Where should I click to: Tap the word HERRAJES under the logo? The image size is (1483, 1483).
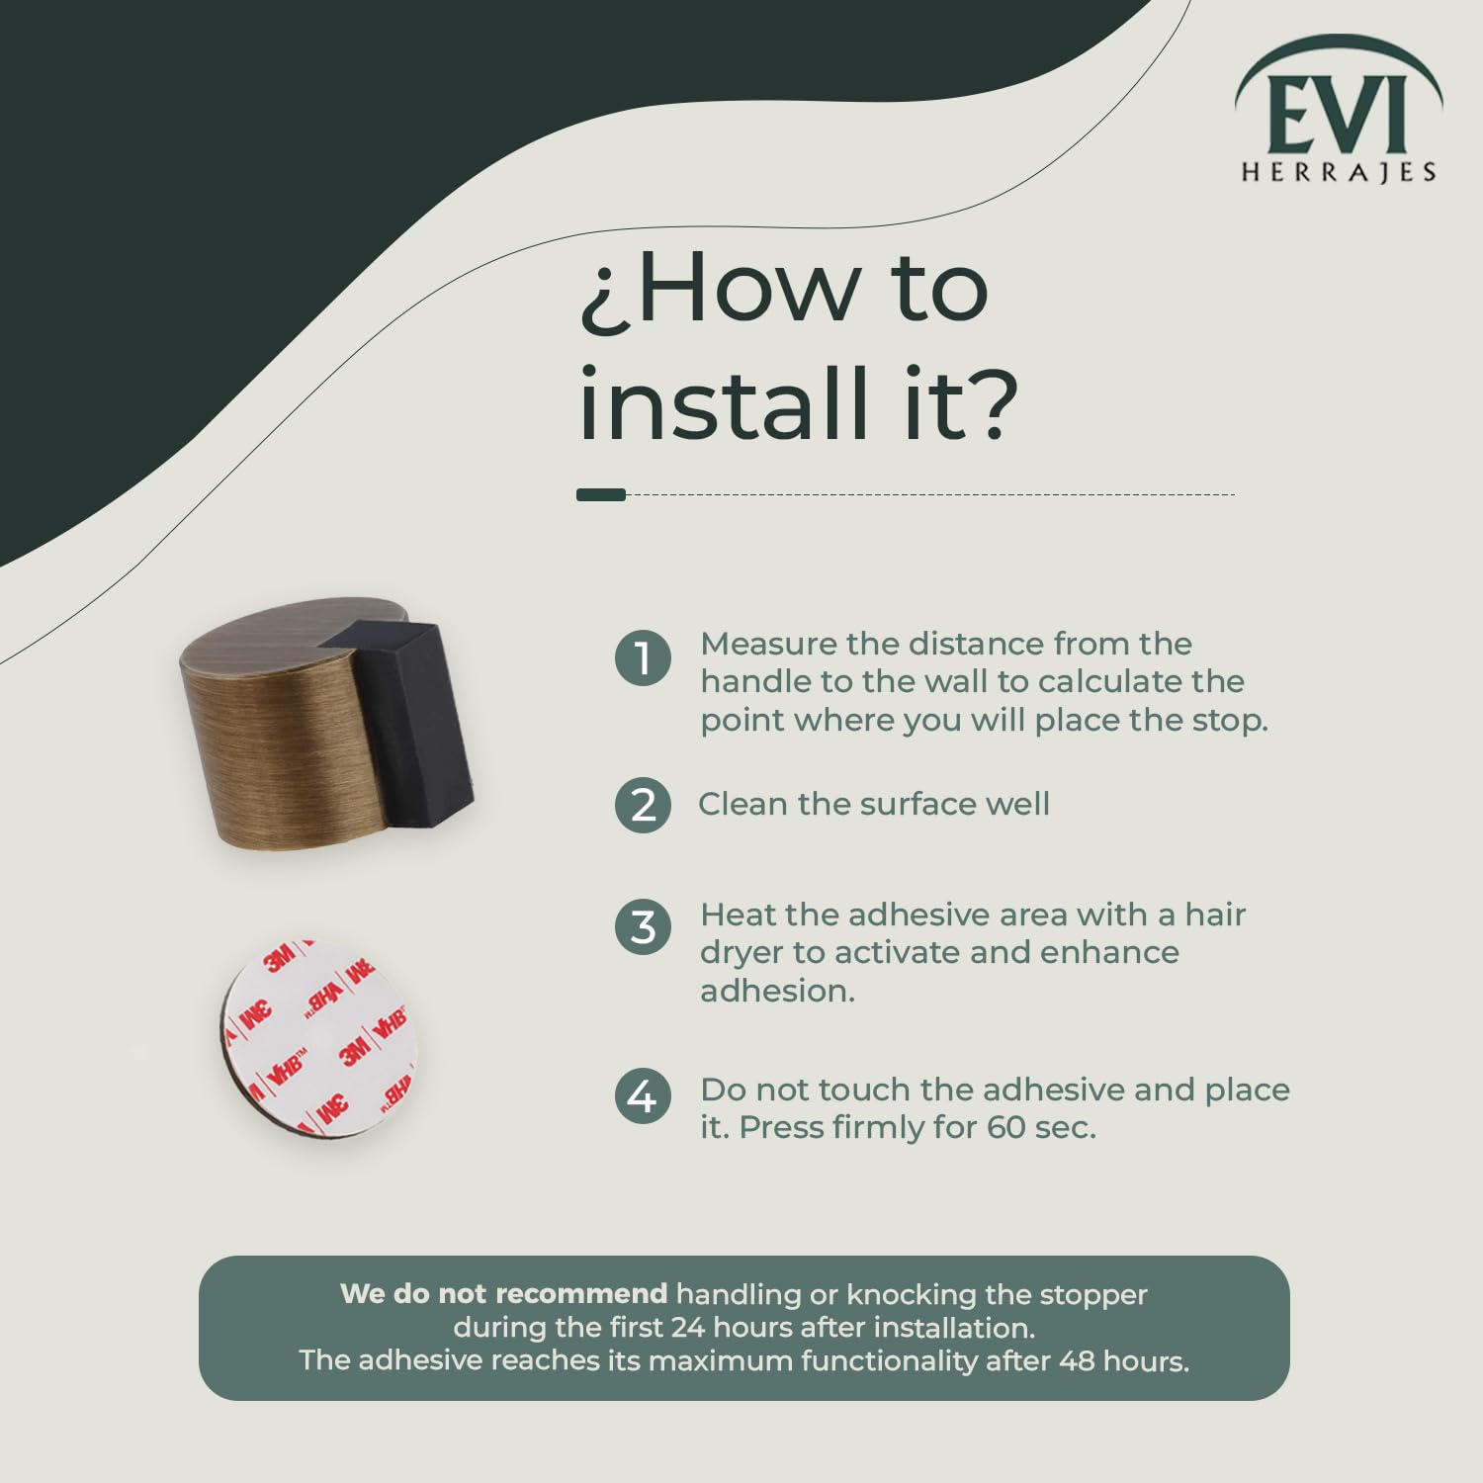(x=1339, y=172)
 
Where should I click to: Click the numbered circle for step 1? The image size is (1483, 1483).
(x=643, y=657)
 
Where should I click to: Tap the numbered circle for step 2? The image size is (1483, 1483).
(x=643, y=804)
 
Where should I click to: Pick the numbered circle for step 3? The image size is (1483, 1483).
(x=643, y=927)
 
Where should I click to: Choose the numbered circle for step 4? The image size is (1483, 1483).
(x=643, y=1095)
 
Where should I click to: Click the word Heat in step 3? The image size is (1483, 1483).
(x=737, y=915)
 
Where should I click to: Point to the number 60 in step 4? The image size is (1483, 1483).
(x=1006, y=1127)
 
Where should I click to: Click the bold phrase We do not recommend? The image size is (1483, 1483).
(x=504, y=1293)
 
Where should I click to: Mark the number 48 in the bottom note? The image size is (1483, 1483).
(x=1077, y=1360)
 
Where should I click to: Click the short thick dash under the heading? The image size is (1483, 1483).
(x=601, y=494)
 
